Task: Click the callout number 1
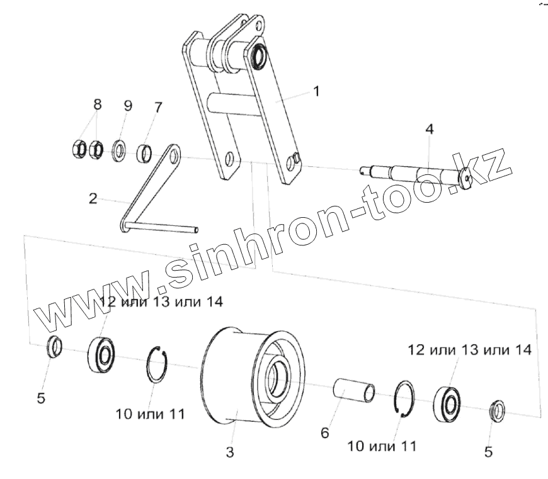[x=316, y=91]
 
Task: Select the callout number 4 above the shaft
[x=429, y=130]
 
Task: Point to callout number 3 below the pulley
[x=230, y=452]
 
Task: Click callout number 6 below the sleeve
[x=324, y=433]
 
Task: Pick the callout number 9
[x=127, y=106]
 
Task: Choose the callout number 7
[x=157, y=107]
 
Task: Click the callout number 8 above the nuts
[x=97, y=104]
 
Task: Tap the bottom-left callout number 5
[x=41, y=398]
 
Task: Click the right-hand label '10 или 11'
[x=382, y=446]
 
